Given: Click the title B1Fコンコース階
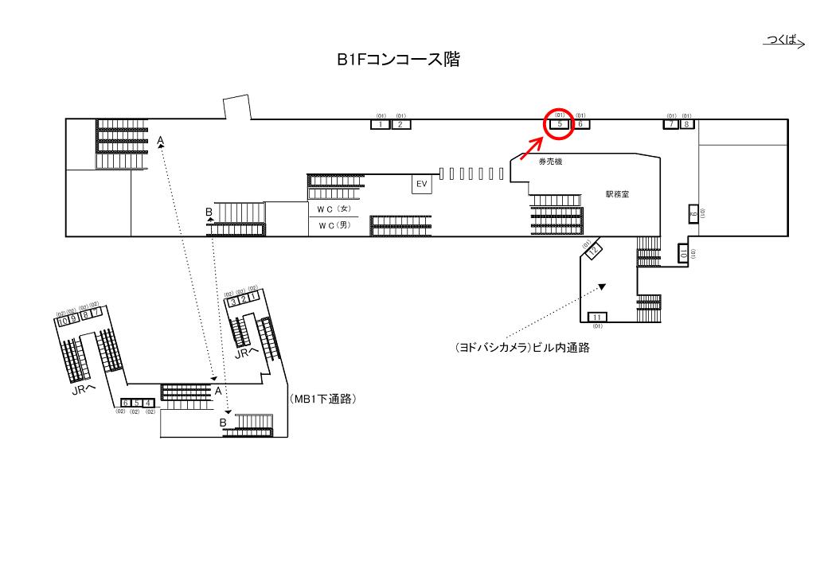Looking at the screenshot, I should point(398,59).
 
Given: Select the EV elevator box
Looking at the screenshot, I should point(420,184).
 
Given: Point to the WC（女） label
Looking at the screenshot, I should point(334,209).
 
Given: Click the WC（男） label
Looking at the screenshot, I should point(334,226).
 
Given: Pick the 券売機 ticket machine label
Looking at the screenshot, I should point(550,162).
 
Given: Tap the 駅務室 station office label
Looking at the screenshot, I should point(617,194).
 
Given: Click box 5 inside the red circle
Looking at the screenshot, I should point(560,124).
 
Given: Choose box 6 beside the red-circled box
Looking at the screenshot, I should point(581,124).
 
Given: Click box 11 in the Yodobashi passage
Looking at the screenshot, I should point(597,317).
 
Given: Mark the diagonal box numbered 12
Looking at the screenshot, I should point(595,251).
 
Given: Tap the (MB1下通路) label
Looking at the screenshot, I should point(322,400).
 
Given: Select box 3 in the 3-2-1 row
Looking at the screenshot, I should point(234,302).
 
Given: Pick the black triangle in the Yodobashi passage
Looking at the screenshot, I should point(603,287).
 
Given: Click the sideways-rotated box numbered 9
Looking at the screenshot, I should point(693,214).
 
